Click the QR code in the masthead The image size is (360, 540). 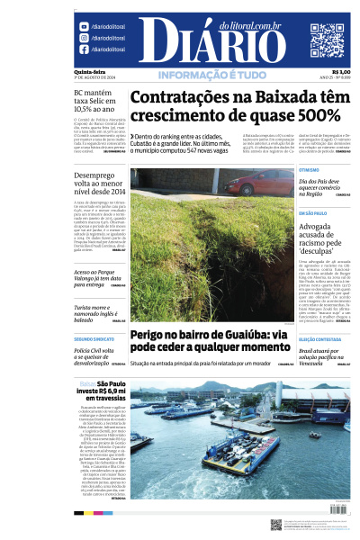[x=327, y=40]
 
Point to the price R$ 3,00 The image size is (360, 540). [x=341, y=73]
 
